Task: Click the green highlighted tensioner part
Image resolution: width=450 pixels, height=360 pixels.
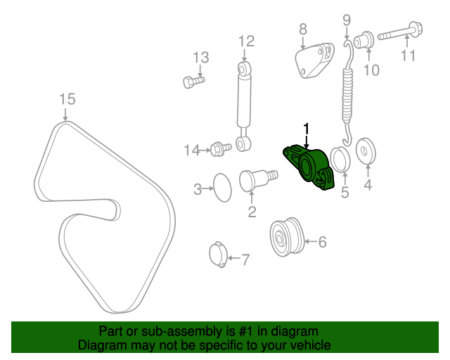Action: [x=310, y=167]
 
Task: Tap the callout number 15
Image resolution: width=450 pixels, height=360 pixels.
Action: [x=66, y=99]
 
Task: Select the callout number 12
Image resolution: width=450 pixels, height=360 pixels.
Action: [x=245, y=41]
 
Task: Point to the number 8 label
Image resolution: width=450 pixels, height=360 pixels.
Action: [x=303, y=29]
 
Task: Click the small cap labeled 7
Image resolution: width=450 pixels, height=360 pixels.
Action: [x=219, y=254]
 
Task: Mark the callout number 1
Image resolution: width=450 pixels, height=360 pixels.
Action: [x=306, y=127]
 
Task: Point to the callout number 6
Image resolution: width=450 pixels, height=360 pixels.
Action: [x=322, y=243]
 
